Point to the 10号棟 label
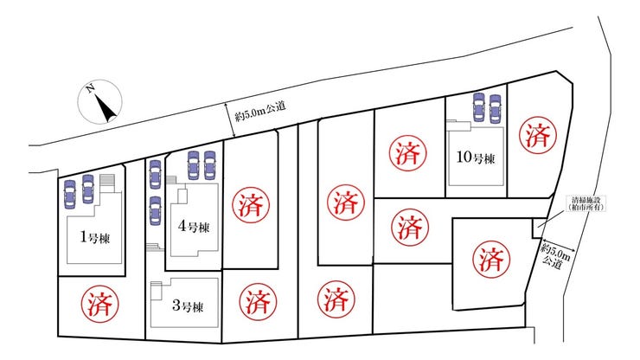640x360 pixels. click(476, 159)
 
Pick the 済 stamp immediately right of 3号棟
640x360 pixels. click(256, 302)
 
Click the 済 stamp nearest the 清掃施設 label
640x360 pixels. click(490, 258)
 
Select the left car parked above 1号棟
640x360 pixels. click(70, 190)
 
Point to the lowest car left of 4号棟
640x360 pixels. click(154, 209)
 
